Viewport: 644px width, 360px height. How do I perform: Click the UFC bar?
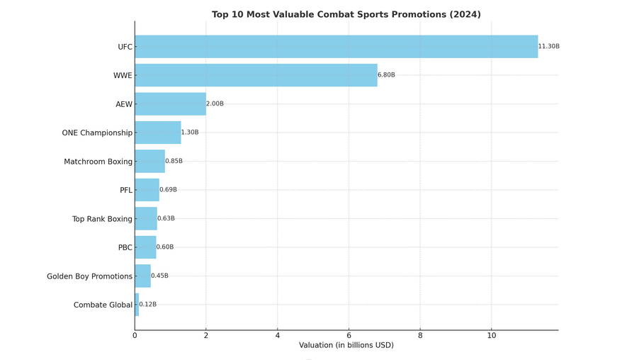click(x=336, y=47)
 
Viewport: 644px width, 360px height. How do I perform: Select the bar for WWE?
click(x=256, y=75)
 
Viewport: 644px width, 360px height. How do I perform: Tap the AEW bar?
click(x=170, y=104)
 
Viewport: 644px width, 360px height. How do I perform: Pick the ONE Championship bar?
click(x=157, y=133)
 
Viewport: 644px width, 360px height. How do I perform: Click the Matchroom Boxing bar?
click(x=149, y=162)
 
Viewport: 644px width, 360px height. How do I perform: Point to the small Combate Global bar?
click(x=137, y=305)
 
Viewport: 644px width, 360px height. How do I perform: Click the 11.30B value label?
click(x=548, y=47)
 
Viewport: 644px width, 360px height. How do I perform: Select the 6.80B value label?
click(x=386, y=75)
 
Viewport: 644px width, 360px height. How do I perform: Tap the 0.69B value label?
click(x=168, y=190)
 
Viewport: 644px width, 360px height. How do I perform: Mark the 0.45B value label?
click(x=159, y=276)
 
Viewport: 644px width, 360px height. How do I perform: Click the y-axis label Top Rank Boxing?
click(x=102, y=219)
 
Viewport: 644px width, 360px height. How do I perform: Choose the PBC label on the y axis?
click(x=125, y=248)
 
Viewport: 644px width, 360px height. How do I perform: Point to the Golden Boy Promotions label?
click(x=89, y=276)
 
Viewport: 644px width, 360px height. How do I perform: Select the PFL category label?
click(x=125, y=191)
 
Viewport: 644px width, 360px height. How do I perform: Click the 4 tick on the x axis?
click(x=278, y=336)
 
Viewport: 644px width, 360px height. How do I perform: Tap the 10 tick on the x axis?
click(x=491, y=336)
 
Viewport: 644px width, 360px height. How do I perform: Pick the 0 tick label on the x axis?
click(x=135, y=336)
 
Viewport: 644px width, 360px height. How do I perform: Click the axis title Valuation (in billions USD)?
click(x=346, y=346)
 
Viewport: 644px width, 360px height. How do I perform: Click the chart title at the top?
click(x=346, y=15)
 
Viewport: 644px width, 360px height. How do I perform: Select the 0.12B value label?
click(x=147, y=305)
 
